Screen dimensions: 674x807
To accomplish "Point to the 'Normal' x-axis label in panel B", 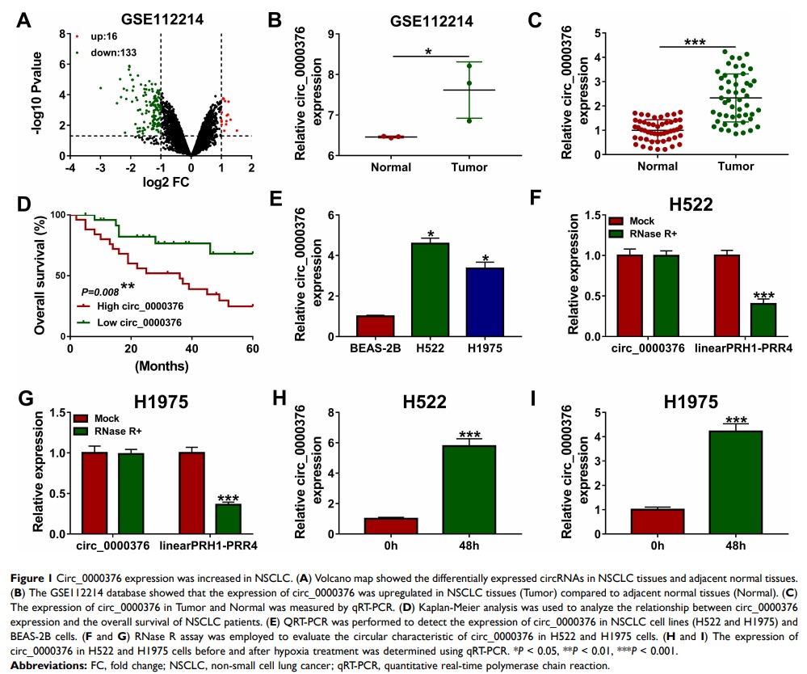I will pyautogui.click(x=391, y=167).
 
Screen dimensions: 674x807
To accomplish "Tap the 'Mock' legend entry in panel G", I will pyautogui.click(x=108, y=419).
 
